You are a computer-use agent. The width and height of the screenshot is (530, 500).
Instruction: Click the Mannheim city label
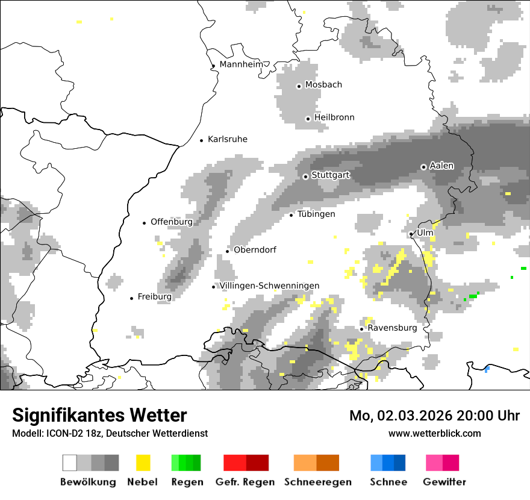pyautogui.click(x=242, y=64)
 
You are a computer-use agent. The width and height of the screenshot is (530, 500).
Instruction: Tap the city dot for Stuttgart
pyautogui.click(x=306, y=177)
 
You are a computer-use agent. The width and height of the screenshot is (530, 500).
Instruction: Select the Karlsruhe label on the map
pyautogui.click(x=228, y=139)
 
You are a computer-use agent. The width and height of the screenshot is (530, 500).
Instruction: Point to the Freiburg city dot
pyautogui.click(x=132, y=298)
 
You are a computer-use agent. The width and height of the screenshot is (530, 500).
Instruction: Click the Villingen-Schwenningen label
pyautogui.click(x=269, y=286)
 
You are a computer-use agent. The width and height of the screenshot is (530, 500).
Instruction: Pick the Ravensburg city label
pyautogui.click(x=392, y=328)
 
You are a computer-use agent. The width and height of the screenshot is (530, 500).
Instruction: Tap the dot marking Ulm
pyautogui.click(x=411, y=234)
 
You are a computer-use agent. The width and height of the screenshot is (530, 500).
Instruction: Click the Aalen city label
pyautogui.click(x=441, y=166)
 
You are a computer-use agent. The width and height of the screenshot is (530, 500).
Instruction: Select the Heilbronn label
pyautogui.click(x=334, y=117)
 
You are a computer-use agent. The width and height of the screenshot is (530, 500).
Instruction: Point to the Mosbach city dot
pyautogui.click(x=299, y=86)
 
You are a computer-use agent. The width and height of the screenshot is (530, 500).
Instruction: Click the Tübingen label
pyautogui.click(x=316, y=214)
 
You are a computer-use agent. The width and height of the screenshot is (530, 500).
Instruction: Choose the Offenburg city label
pyautogui.click(x=172, y=222)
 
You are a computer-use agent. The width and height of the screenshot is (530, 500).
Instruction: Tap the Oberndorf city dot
pyautogui.click(x=228, y=251)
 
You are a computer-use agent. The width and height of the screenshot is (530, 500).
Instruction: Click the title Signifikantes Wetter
pyautogui.click(x=99, y=415)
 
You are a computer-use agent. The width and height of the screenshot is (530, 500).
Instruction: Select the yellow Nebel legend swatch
pyautogui.click(x=143, y=463)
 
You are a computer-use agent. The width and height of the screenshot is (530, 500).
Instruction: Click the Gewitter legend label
pyautogui.click(x=444, y=482)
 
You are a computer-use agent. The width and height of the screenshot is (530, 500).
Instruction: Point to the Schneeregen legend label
pyautogui.click(x=318, y=482)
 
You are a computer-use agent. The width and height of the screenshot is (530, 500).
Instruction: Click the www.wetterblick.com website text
pyautogui.click(x=435, y=433)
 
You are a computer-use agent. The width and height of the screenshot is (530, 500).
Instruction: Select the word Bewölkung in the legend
pyautogui.click(x=88, y=482)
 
